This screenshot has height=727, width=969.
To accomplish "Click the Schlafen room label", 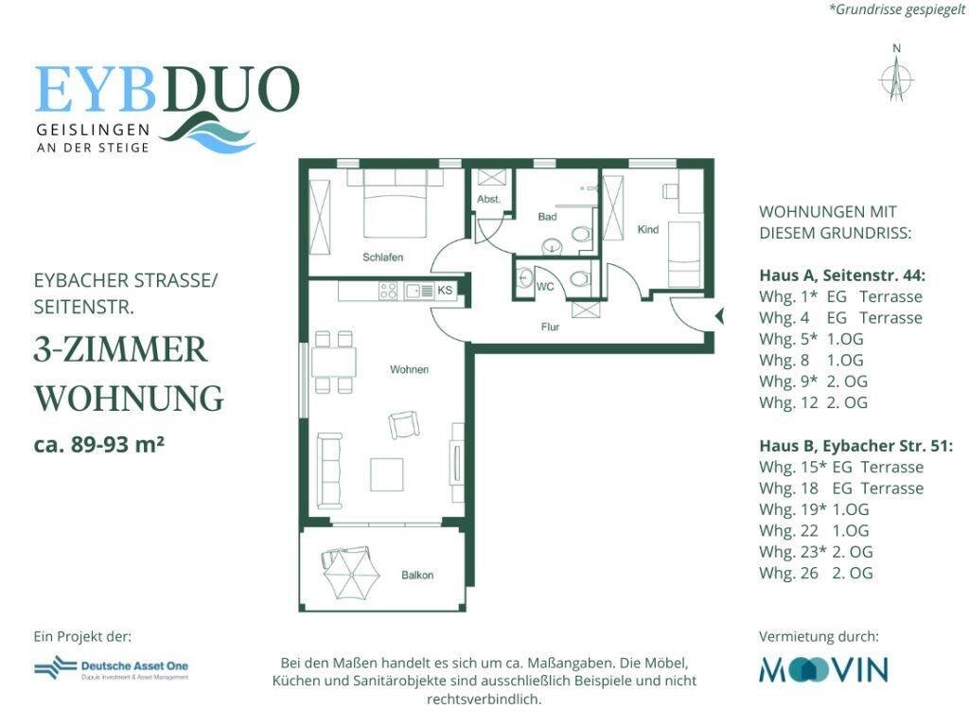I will pyautogui.click(x=383, y=257).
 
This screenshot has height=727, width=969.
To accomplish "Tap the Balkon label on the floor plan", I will pyautogui.click(x=417, y=576).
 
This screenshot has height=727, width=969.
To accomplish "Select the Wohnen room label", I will pyautogui.click(x=410, y=369).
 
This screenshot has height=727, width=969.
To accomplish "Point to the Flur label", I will pyautogui.click(x=551, y=328).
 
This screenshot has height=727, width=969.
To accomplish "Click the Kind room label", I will pyautogui.click(x=648, y=230).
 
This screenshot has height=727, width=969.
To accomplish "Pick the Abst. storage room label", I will pyautogui.click(x=488, y=200).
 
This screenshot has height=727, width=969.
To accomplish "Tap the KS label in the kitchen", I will pyautogui.click(x=444, y=291).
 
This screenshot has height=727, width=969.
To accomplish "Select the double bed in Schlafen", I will pyautogui.click(x=390, y=207).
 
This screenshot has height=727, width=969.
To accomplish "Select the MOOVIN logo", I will pyautogui.click(x=823, y=670).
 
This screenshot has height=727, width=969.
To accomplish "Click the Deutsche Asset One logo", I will pyautogui.click(x=111, y=669).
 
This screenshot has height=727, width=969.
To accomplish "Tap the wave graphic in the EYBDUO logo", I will pyautogui.click(x=207, y=133).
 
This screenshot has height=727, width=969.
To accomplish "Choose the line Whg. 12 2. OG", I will pyautogui.click(x=813, y=402).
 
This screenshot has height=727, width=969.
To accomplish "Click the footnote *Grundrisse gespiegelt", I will pyautogui.click(x=896, y=9).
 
